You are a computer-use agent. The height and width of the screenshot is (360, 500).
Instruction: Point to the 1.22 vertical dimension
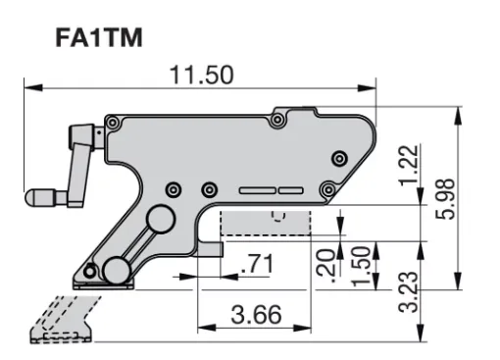click(x=414, y=164)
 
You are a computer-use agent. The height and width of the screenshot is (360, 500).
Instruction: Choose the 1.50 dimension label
click(x=362, y=266)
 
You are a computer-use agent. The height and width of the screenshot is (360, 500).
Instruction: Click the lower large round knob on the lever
click(x=118, y=269)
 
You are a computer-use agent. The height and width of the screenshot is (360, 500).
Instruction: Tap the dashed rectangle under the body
click(x=265, y=223)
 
